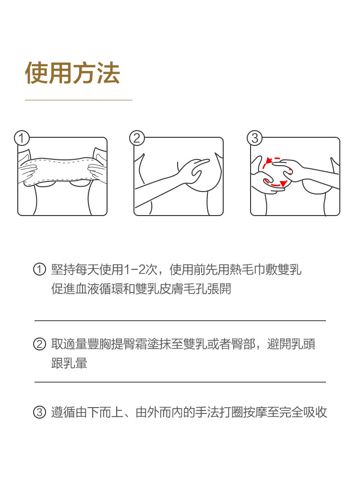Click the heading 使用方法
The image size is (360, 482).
[x=72, y=72]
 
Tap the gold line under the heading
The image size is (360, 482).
[x=78, y=100]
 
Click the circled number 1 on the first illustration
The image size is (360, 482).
[x=22, y=138]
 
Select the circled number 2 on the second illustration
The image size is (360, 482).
[x=137, y=138]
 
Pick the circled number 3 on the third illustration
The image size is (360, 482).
[x=254, y=138]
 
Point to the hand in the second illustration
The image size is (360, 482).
[x=194, y=170]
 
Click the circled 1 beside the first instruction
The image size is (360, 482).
[x=39, y=269]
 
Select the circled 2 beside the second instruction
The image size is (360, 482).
[x=39, y=344]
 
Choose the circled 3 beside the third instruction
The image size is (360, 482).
[x=39, y=412]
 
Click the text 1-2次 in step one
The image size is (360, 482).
[x=141, y=270]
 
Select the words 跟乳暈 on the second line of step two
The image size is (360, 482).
[x=69, y=363]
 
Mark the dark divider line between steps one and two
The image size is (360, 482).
[x=180, y=321]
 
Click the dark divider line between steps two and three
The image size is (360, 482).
[x=180, y=382]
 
